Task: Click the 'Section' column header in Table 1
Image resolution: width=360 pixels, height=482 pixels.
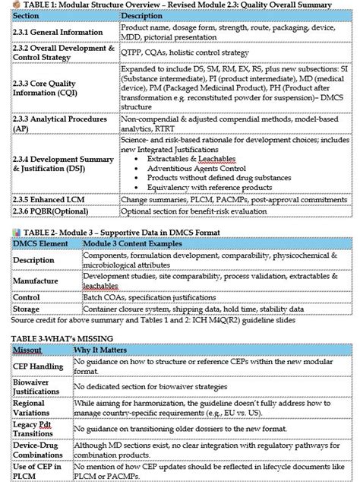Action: pos(27,15)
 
